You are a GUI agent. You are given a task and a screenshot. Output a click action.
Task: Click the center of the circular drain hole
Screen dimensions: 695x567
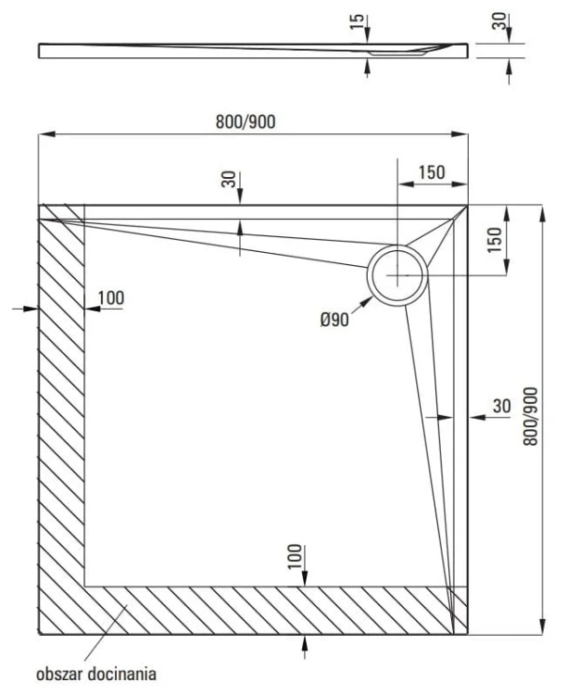(398, 275)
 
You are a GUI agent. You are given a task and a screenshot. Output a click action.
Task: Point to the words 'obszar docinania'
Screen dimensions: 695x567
(94, 672)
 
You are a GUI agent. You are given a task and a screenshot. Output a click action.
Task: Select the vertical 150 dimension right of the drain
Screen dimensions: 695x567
(496, 241)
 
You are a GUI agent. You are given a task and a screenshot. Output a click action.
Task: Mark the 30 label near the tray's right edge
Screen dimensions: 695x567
(500, 406)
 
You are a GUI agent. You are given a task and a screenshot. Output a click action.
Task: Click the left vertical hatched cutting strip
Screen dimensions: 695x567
(61, 417)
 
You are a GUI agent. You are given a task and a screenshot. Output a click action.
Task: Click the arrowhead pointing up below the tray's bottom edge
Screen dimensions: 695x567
(306, 641)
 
